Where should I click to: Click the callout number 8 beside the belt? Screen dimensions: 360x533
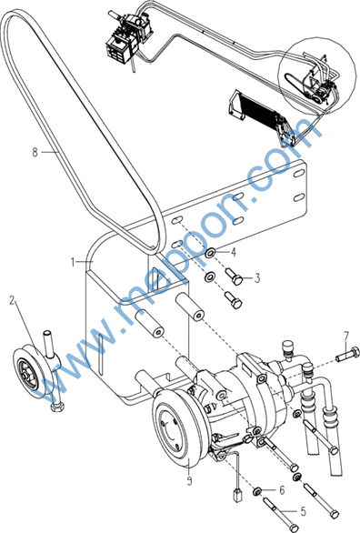tap(35, 152)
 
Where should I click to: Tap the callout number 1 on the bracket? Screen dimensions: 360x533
tap(73, 262)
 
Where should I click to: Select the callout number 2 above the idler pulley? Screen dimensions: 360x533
tap(12, 300)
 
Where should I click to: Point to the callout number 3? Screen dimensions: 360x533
tap(257, 278)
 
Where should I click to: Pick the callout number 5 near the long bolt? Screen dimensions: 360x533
tap(303, 511)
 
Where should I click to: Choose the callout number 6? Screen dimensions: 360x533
tap(282, 490)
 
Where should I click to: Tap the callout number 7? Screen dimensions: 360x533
tap(345, 337)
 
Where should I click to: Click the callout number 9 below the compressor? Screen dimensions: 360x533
tap(189, 480)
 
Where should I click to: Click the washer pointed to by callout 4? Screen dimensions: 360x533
tap(210, 252)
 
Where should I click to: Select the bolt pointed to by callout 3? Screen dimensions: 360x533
tap(234, 276)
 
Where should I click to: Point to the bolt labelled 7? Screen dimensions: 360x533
tap(347, 354)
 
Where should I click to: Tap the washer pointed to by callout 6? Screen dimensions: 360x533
tap(256, 491)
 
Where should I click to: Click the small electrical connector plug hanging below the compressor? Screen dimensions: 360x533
tap(237, 495)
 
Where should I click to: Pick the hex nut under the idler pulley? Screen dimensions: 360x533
tap(58, 407)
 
